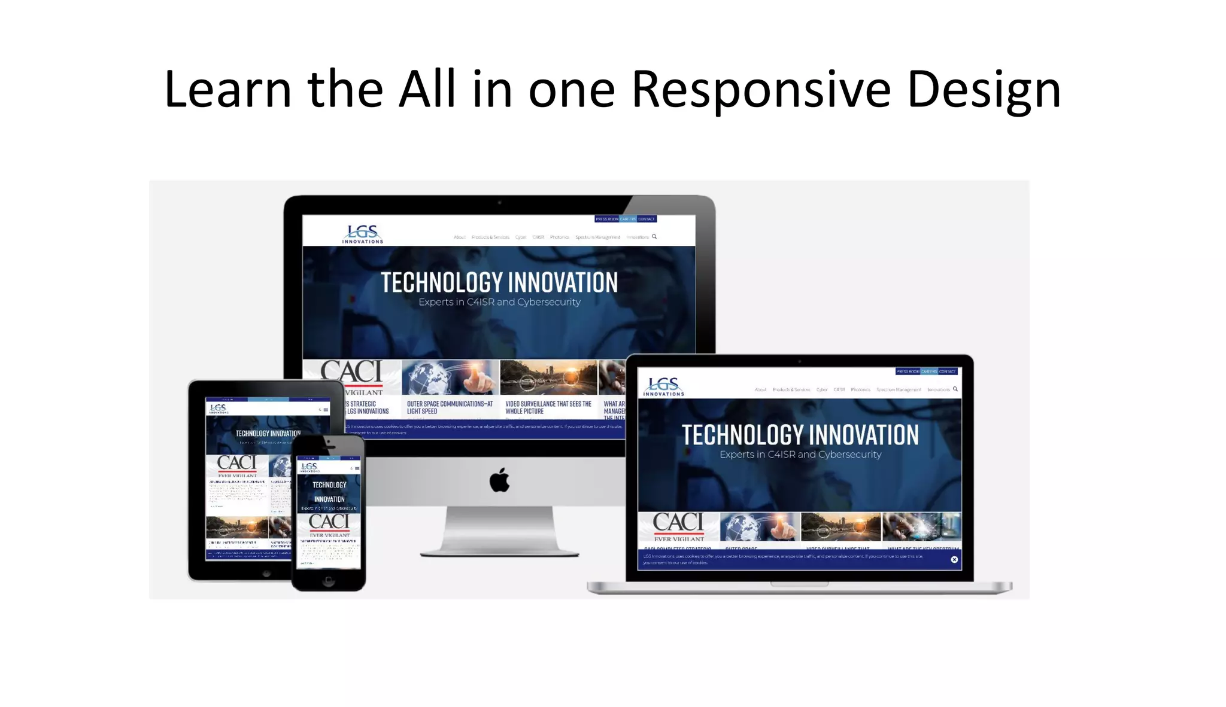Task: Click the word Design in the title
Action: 984,90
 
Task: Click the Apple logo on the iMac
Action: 499,480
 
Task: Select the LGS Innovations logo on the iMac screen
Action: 363,234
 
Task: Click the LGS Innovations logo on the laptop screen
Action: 664,386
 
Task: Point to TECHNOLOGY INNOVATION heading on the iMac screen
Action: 499,283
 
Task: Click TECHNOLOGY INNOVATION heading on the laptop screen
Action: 800,435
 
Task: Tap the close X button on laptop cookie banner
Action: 954,560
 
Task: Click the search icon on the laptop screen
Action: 955,389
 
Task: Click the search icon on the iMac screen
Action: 654,236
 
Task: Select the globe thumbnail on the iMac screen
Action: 450,377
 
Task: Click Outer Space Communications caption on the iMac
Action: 450,407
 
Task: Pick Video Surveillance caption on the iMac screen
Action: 548,407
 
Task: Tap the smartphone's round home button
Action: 328,581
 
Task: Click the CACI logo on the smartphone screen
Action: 329,522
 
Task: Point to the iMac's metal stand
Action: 499,529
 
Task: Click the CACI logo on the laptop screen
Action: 678,522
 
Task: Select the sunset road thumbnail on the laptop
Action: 840,526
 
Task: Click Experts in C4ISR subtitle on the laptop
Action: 800,455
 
